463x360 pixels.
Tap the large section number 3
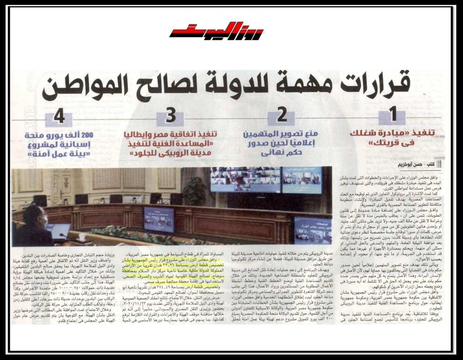171,116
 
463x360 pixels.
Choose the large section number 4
59,117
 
